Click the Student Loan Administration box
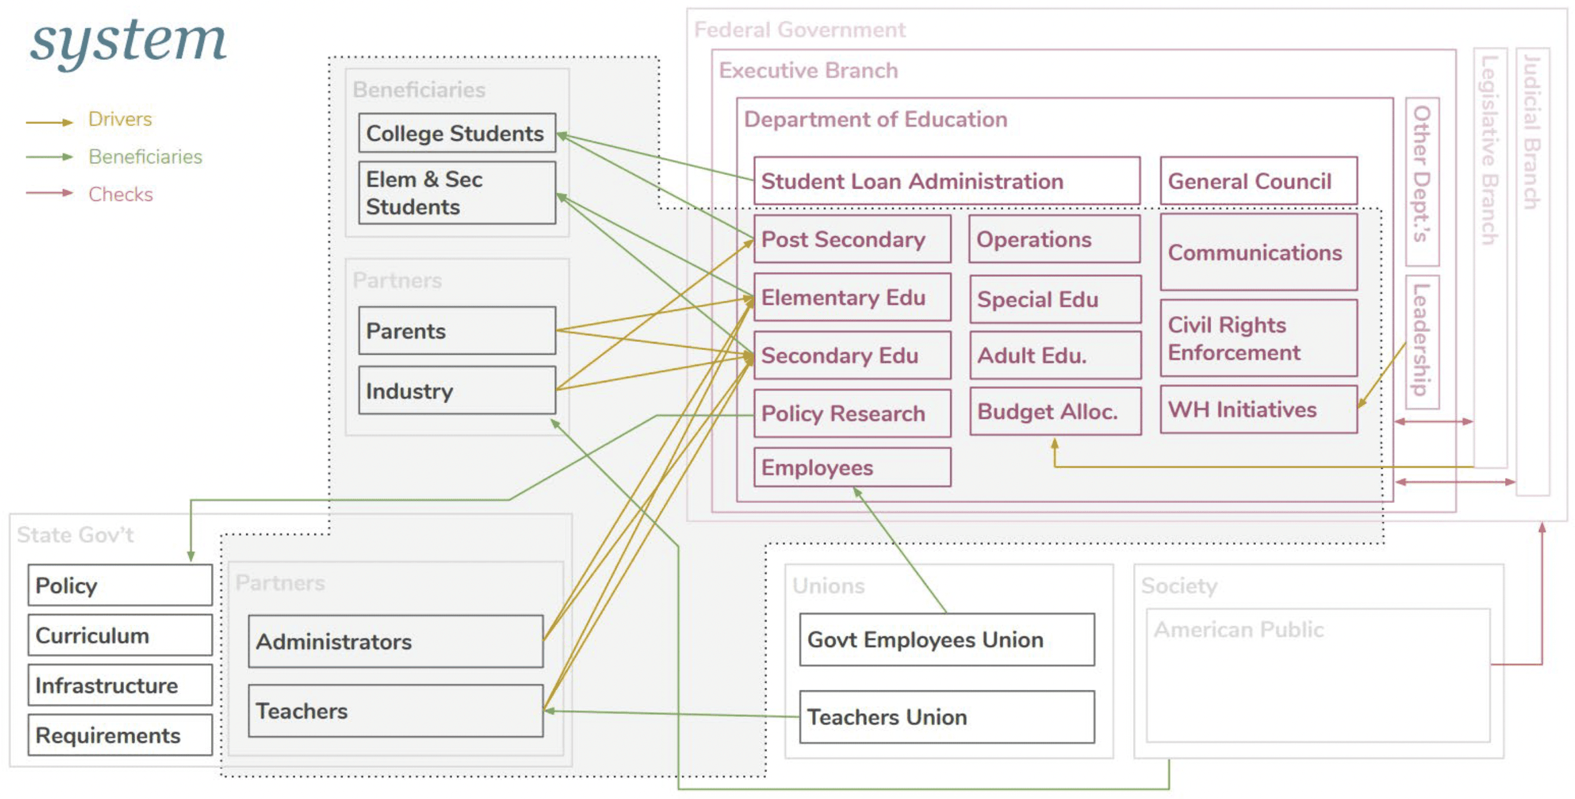946,181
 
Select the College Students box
457,133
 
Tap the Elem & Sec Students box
457,193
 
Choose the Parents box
457,331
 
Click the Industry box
457,391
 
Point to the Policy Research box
852,413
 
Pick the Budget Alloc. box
1055,411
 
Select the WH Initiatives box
1258,409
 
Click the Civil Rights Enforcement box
1258,338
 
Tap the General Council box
1258,181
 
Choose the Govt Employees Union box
946,639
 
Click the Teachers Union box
946,717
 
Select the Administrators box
395,642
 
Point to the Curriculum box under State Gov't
120,635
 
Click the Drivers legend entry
120,119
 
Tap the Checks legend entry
120,194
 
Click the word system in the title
128,42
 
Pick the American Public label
1238,630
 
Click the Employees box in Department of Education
852,468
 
